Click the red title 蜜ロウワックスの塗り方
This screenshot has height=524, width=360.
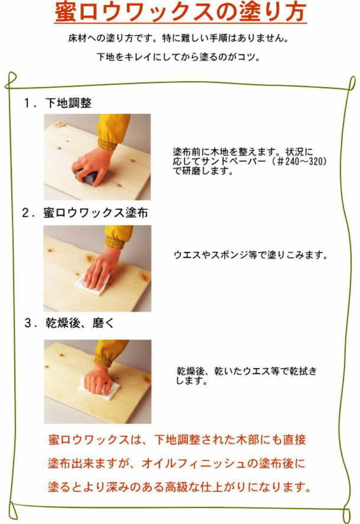(179, 14)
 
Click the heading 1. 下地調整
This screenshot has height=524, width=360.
(58, 103)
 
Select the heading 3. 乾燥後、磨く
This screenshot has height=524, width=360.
(69, 323)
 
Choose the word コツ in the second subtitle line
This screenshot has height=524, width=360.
(247, 56)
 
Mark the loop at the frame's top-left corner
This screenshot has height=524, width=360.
(11, 79)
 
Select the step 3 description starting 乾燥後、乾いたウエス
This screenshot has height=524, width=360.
(246, 376)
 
